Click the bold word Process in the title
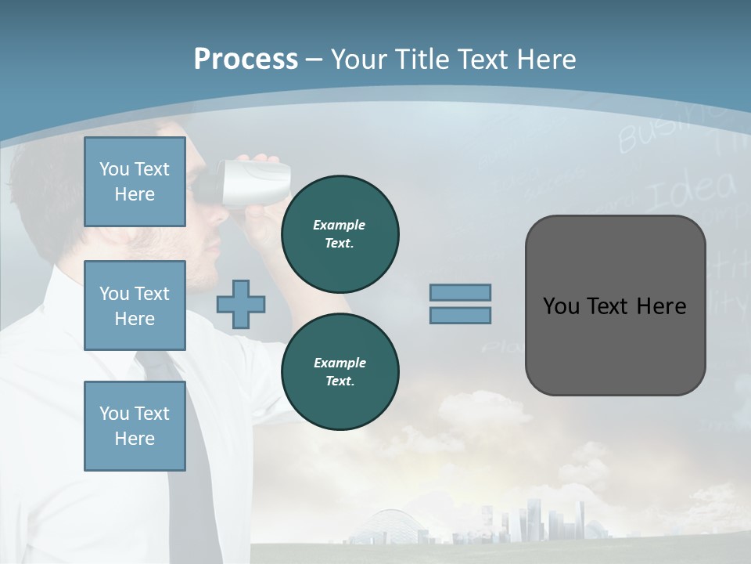246,59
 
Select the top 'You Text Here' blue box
135,182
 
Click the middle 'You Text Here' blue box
135,305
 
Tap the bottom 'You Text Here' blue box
135,426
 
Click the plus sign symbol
241,304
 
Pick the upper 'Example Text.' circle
340,233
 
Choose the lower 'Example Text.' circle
340,371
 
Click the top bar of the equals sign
460,293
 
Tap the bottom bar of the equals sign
460,315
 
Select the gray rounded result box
615,305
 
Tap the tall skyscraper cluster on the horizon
540,517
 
